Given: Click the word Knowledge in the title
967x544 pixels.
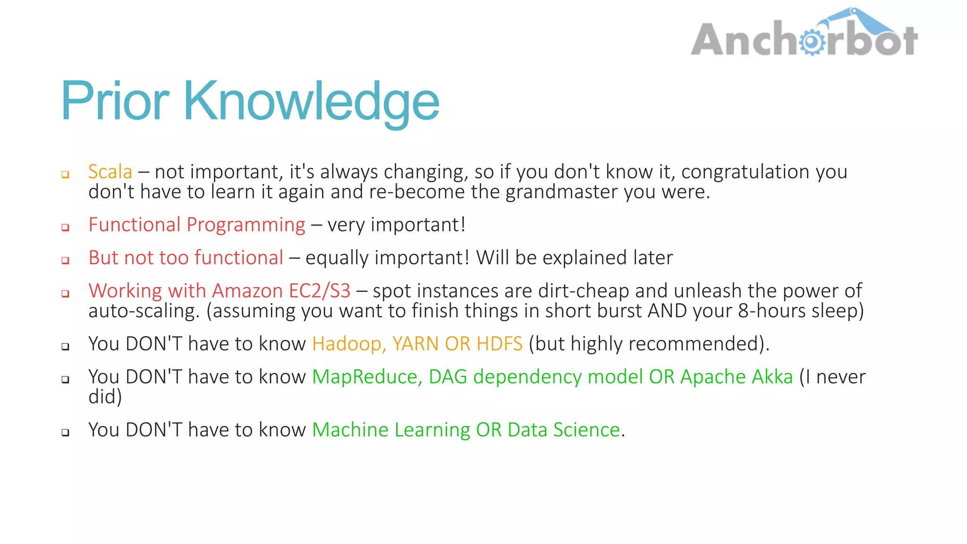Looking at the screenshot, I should [x=311, y=101].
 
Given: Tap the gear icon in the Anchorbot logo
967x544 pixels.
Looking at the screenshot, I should [x=812, y=42].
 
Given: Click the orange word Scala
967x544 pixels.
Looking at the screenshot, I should [x=110, y=171].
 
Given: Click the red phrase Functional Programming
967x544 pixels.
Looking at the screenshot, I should [x=197, y=225].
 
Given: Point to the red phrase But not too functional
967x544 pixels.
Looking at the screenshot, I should [x=186, y=258].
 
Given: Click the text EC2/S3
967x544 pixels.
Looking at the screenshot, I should [x=319, y=291].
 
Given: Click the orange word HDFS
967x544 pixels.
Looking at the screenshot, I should [x=499, y=344].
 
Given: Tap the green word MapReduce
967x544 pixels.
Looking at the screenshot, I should [x=366, y=377].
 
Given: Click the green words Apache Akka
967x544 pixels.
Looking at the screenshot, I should [x=736, y=377].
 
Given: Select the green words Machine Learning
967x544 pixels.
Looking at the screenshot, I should [x=391, y=430].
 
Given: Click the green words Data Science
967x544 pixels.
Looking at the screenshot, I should [x=563, y=430].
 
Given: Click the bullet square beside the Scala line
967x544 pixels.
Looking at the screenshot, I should [x=66, y=174].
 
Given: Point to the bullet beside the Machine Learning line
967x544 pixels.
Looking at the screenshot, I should [x=66, y=432].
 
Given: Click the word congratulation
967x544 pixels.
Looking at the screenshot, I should [x=745, y=171].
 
